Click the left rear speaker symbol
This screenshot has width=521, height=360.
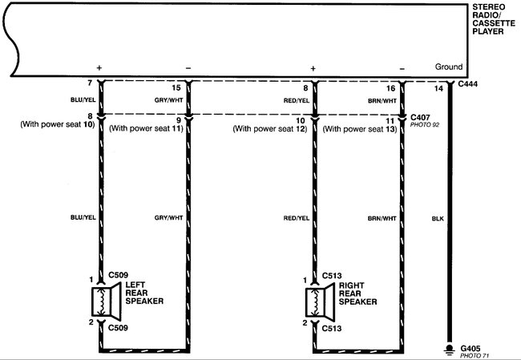coord(106,301)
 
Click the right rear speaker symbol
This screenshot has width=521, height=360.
coord(320,302)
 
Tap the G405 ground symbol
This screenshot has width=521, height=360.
coord(450,350)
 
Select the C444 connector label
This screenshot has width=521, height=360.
coord(468,84)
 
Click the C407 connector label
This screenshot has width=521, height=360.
coord(420,117)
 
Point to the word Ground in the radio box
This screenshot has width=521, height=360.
coord(449,67)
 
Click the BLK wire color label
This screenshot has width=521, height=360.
coord(438,219)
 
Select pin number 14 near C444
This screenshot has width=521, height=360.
coord(438,88)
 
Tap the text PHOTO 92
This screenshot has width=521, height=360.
coord(425,125)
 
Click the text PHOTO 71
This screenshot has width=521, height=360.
coord(475,356)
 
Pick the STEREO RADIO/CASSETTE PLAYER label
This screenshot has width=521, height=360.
coord(494,19)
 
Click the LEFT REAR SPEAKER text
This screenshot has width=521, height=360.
coord(144,293)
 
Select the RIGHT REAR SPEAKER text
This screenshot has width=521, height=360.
coord(357,293)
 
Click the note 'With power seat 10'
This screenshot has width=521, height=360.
coord(58,124)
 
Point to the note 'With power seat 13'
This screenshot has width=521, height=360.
coord(360,129)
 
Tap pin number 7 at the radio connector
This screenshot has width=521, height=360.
coord(90,83)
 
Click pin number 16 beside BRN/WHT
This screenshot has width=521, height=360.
coord(391,88)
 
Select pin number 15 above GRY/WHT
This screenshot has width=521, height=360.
coord(176,87)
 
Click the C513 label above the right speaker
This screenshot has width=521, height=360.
coord(332,276)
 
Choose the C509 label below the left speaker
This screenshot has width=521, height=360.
coord(119,328)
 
